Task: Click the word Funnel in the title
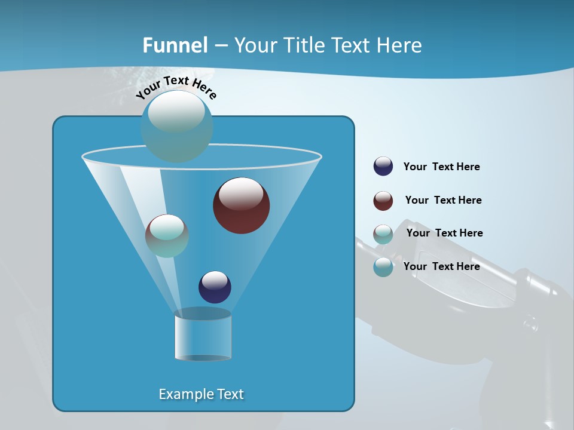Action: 175,45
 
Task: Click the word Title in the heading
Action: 303,45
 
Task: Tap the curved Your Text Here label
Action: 176,87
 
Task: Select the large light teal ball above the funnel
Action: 176,126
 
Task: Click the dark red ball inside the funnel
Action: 241,205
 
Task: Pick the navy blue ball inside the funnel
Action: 215,287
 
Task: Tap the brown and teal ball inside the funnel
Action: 167,236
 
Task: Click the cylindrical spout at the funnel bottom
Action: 203,336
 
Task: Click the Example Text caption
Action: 201,394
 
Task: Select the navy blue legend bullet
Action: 383,167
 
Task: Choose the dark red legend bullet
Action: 383,201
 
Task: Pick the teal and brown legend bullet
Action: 383,234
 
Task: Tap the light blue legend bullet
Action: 383,267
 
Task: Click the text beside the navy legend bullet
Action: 441,167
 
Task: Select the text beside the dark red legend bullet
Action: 443,200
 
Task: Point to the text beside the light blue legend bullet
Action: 441,266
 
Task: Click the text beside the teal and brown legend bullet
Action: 444,233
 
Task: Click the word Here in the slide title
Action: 399,45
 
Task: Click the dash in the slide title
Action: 220,45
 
